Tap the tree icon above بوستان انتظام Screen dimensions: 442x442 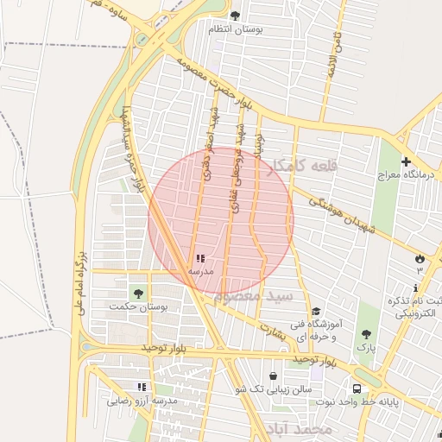coord(235,15)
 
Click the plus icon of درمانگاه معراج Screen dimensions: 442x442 coord(406,161)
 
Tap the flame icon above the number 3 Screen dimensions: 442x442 coord(420,258)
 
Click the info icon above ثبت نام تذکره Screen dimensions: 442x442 coord(416,287)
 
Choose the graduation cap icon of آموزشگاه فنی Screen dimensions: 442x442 coord(316,312)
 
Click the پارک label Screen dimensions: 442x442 coord(367,347)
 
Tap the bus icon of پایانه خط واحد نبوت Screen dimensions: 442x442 coord(357,388)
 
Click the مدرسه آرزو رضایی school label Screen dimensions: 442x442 coord(142,401)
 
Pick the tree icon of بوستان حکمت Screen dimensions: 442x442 coord(138,294)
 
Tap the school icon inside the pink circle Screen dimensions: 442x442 coord(200,258)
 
